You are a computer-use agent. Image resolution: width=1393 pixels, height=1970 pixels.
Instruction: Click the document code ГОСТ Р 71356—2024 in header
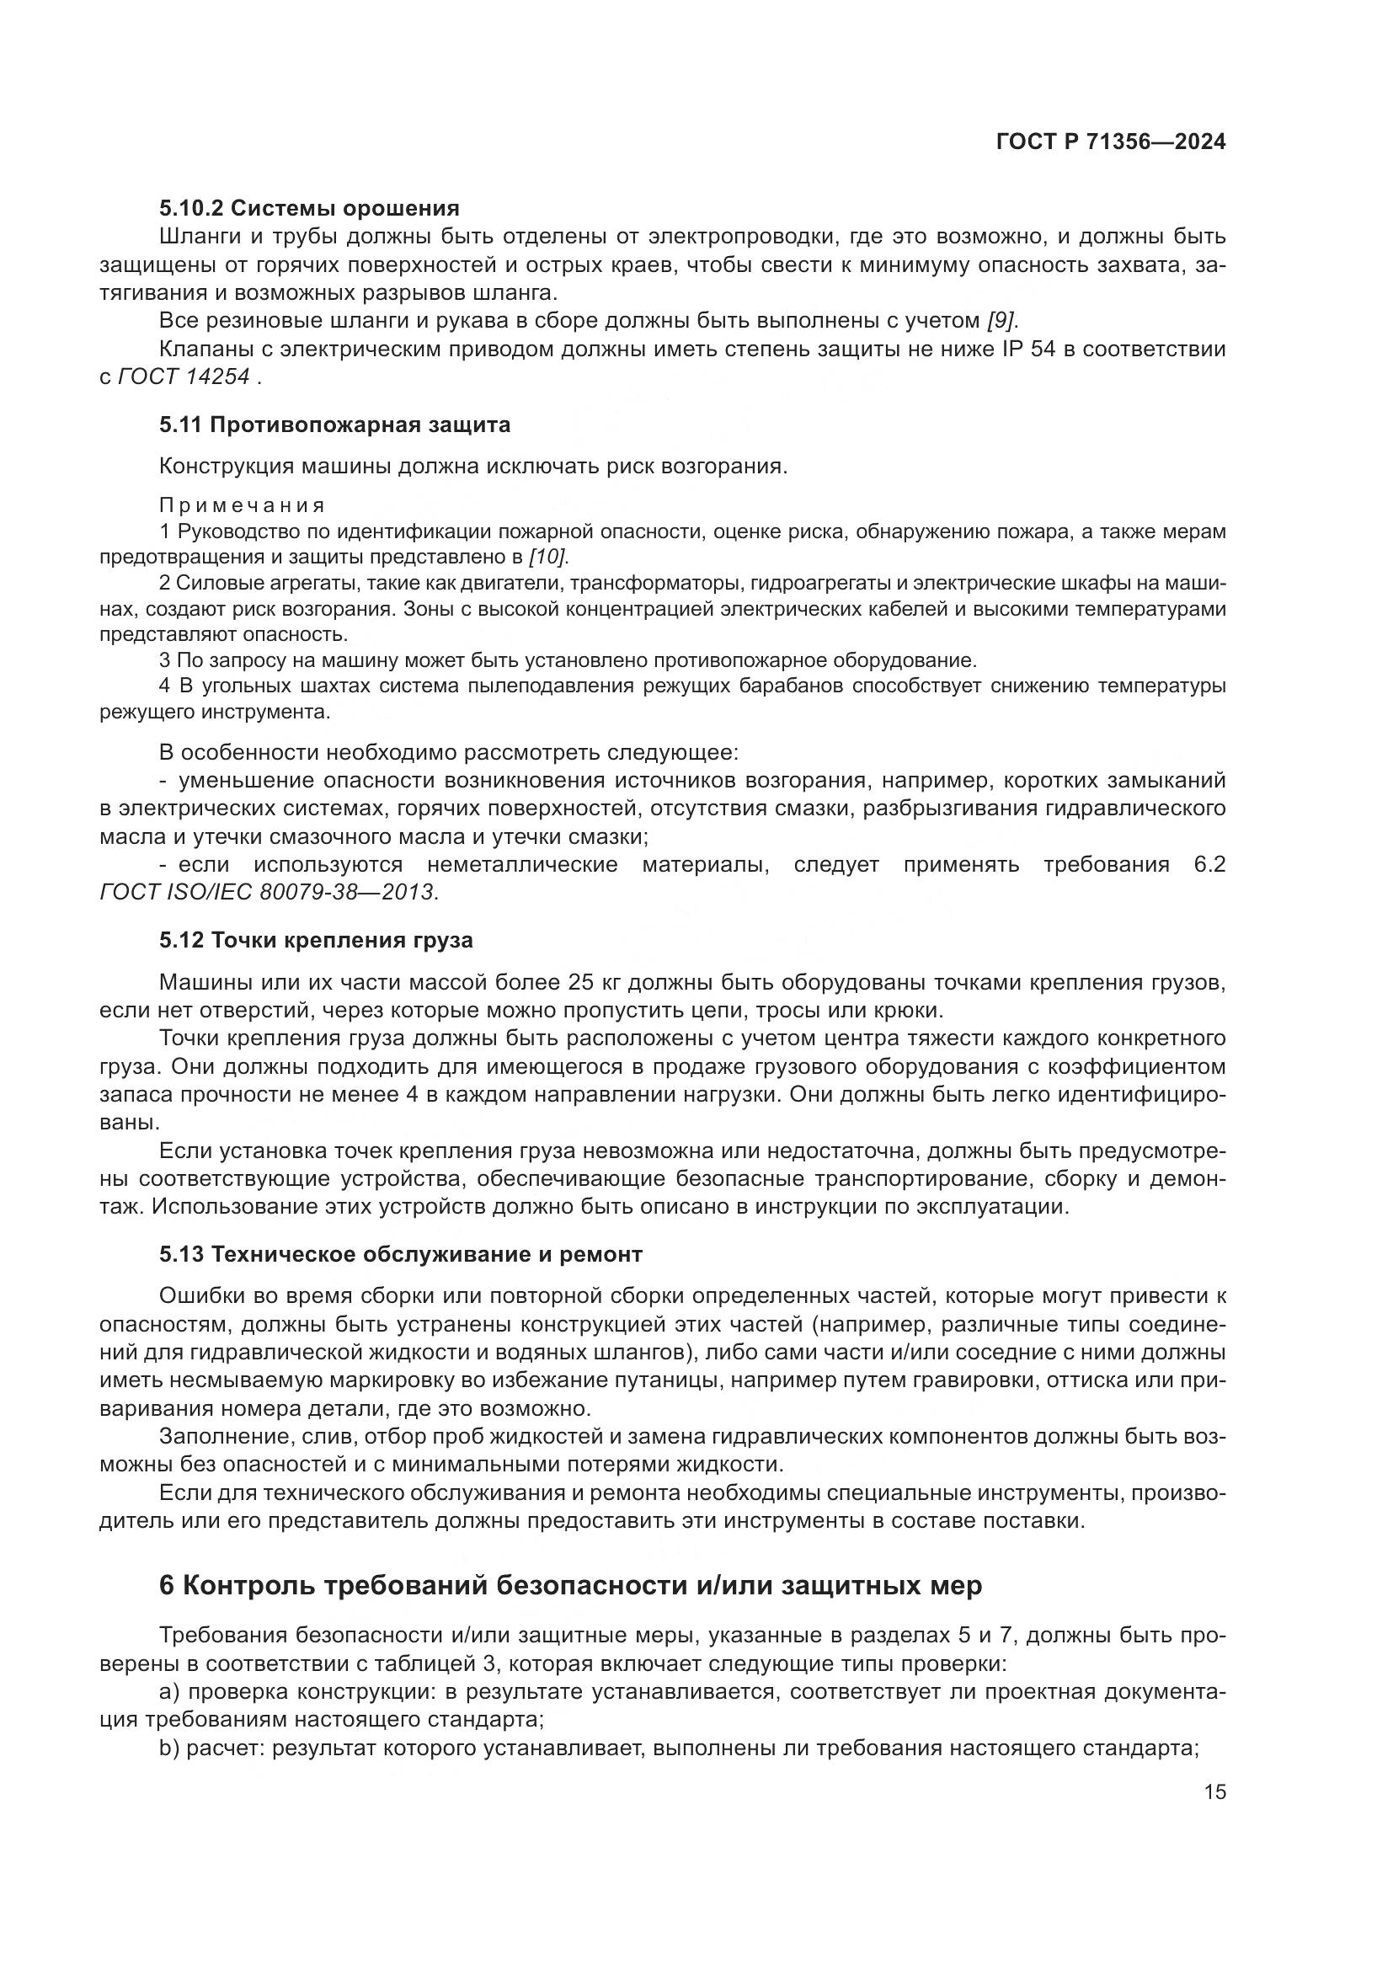tap(1110, 142)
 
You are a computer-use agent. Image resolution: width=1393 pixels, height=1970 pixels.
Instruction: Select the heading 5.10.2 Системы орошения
tap(309, 208)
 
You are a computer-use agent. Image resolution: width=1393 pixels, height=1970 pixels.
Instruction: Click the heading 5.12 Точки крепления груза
tap(316, 941)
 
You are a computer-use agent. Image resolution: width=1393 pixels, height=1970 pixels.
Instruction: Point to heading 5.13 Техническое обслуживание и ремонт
tap(401, 1254)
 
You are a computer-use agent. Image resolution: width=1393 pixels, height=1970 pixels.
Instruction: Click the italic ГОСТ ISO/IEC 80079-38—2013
tap(269, 892)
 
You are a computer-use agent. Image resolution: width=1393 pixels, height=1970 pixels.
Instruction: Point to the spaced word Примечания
tap(243, 505)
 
